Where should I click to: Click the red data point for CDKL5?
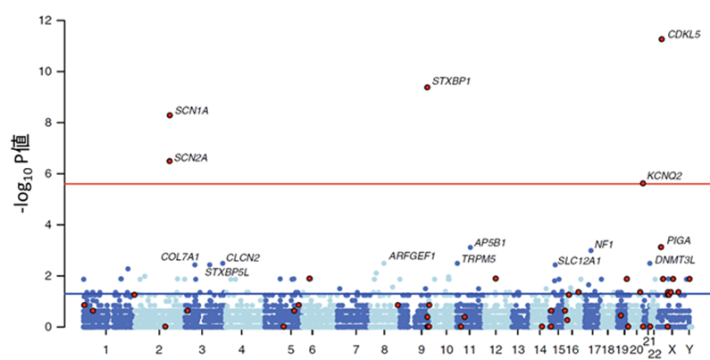(x=661, y=39)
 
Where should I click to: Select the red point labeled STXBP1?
(x=427, y=87)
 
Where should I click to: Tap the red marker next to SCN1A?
(x=170, y=114)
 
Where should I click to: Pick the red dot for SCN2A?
(x=170, y=161)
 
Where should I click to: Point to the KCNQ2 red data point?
(x=643, y=183)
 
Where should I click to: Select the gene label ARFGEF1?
(x=412, y=256)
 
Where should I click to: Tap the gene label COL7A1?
(x=180, y=256)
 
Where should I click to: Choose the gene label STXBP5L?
(x=226, y=272)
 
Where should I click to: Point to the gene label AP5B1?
(x=490, y=242)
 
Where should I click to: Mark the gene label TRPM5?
(x=480, y=259)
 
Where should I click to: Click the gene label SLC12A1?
(x=580, y=261)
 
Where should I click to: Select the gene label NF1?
(x=604, y=244)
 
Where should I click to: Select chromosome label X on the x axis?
(x=672, y=347)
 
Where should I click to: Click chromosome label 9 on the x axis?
(x=419, y=347)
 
